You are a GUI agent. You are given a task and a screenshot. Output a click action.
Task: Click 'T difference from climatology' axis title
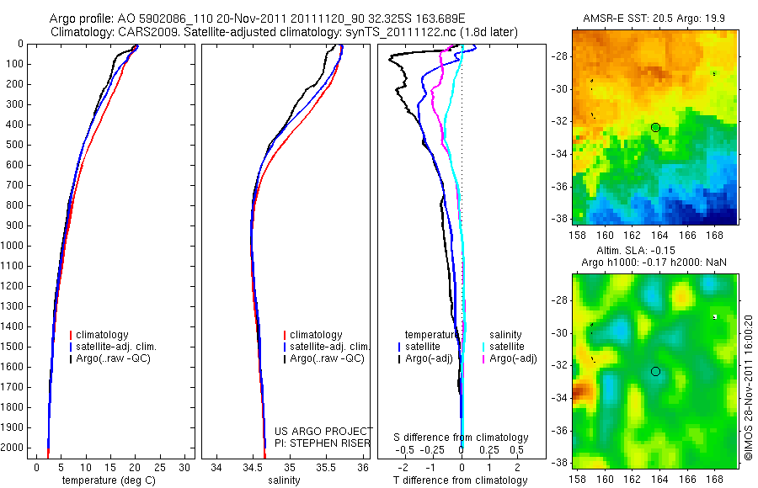(x=462, y=480)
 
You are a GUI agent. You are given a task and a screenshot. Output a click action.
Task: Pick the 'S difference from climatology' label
(x=462, y=438)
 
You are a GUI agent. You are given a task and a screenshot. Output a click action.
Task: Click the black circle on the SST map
(x=655, y=127)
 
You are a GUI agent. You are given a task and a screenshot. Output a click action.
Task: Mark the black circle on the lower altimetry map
(x=655, y=371)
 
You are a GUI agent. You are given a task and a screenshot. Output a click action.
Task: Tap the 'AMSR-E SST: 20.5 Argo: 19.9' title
(x=655, y=19)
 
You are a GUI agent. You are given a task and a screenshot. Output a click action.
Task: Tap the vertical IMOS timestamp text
(x=748, y=388)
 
